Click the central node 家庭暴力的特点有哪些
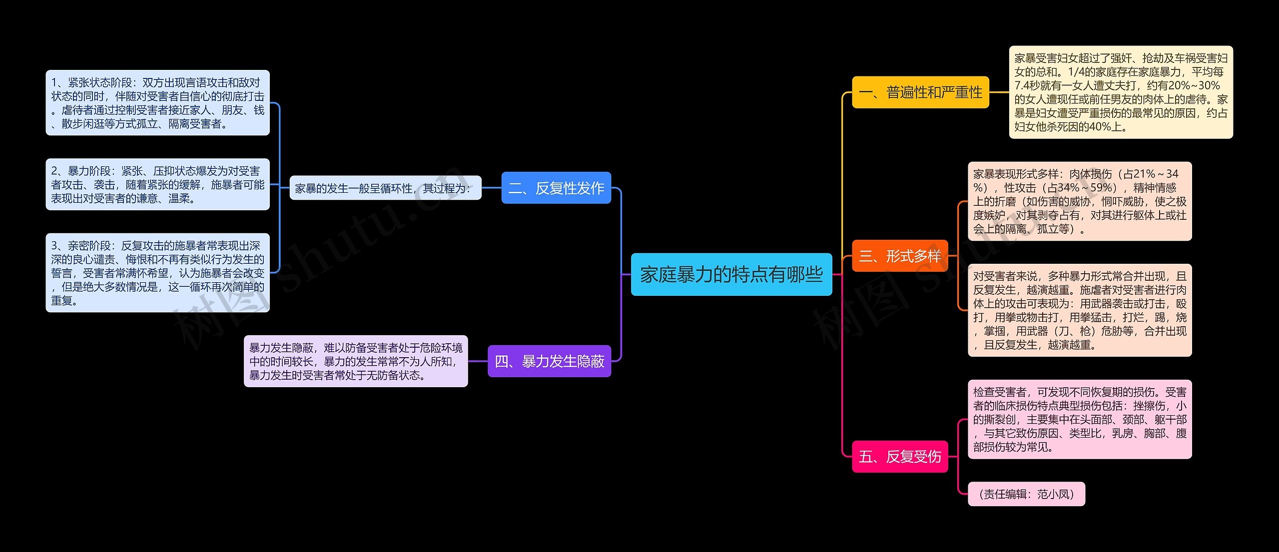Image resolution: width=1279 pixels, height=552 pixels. [x=731, y=274]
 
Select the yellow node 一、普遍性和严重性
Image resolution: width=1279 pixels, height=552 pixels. [x=920, y=92]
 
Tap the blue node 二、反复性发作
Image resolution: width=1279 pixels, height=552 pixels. [x=556, y=188]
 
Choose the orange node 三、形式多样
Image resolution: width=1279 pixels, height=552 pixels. [x=899, y=256]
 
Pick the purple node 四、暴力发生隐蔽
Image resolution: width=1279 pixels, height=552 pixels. [x=549, y=361]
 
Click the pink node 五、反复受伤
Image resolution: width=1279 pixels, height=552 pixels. [x=899, y=456]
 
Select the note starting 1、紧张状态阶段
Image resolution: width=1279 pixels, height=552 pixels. [x=157, y=103]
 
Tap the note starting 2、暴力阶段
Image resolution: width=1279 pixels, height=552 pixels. [x=157, y=184]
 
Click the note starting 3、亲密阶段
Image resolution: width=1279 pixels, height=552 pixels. [x=157, y=273]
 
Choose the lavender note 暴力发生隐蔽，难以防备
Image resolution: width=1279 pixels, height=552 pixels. [x=356, y=361]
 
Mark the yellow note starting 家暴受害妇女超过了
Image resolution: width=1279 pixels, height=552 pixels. [x=1121, y=92]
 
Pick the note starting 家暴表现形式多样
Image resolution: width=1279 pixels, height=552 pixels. [x=1080, y=201]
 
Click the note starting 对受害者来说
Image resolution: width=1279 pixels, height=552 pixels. [x=1080, y=310]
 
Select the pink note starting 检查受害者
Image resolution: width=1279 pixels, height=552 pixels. [x=1080, y=419]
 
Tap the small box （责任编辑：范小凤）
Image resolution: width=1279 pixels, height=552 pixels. [x=1026, y=494]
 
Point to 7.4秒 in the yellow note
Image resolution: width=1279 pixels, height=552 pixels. [x=1028, y=85]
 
